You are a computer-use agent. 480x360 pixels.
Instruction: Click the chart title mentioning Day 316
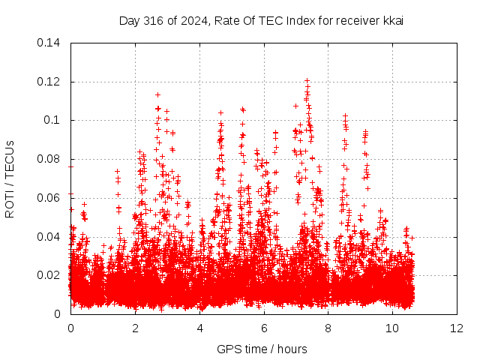261,21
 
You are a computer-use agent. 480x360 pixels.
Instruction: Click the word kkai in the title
393,20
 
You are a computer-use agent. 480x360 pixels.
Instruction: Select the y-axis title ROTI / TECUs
10,179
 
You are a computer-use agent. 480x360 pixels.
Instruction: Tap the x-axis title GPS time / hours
262,349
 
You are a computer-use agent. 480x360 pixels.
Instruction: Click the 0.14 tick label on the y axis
48,43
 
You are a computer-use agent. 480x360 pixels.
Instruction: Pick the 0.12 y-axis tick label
48,82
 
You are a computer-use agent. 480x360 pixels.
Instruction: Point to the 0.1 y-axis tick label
52,120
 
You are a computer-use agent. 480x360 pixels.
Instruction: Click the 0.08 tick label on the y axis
48,159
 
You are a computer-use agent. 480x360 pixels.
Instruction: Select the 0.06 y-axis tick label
48,198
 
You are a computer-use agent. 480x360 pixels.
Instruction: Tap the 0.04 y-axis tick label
48,237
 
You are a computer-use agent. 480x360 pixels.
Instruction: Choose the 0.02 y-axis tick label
48,275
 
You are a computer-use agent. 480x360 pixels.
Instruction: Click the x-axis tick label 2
135,328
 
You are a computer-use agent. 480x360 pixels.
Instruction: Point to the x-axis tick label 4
200,328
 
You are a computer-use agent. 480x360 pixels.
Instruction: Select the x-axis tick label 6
264,328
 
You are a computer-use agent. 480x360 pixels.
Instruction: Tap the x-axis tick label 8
328,328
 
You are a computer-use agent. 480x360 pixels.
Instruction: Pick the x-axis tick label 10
392,328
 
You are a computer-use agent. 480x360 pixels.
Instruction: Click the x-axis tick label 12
457,328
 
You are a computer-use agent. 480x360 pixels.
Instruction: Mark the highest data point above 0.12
307,80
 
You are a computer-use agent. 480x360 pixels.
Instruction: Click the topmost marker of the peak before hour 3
157,95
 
